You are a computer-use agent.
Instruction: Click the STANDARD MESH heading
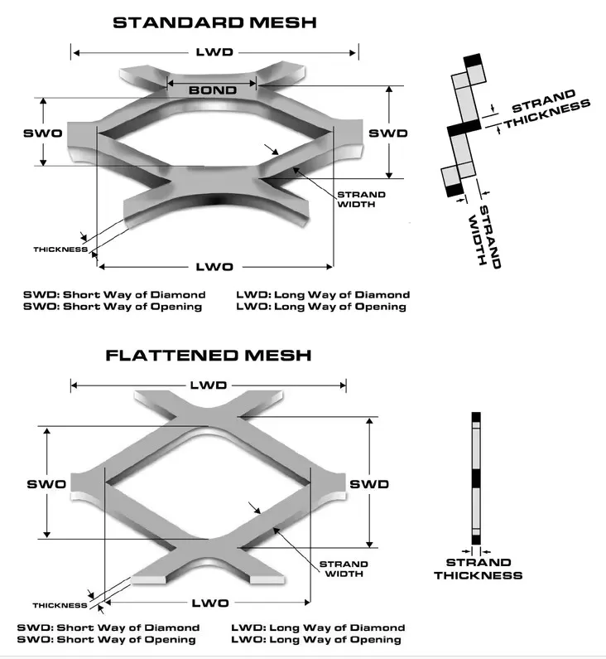214,22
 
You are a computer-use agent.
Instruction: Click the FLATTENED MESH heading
209,356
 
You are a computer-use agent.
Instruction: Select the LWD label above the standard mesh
214,52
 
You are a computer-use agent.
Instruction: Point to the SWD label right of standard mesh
387,133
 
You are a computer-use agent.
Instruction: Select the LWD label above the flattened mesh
208,385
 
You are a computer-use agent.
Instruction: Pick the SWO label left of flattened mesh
46,484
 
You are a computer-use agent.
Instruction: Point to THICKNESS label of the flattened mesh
60,605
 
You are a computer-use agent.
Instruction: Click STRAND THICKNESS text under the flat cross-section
478,569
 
